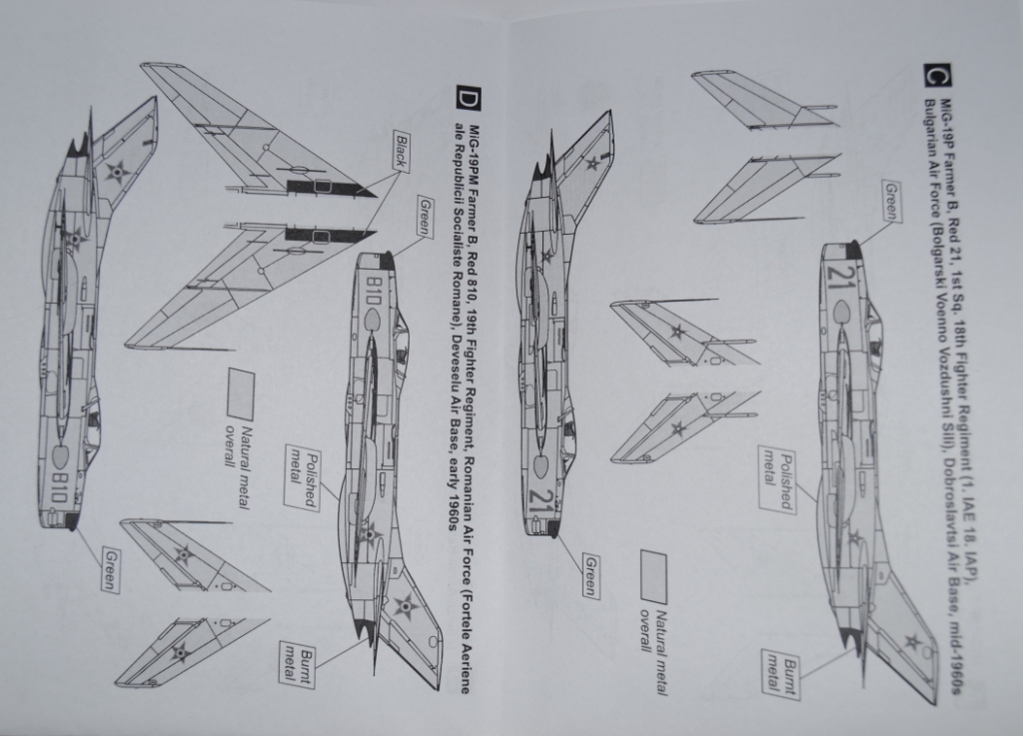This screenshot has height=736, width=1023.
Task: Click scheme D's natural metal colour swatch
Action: pos(240,392)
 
